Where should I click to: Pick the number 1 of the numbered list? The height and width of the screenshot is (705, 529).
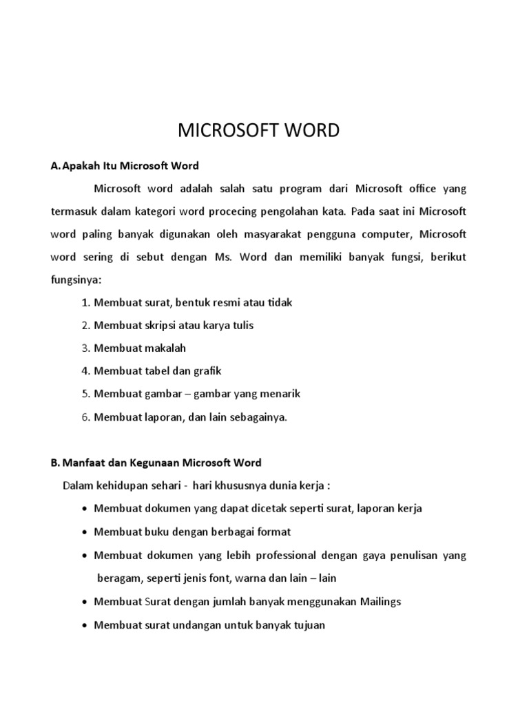click(x=85, y=303)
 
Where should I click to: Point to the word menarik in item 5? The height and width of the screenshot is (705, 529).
click(x=279, y=394)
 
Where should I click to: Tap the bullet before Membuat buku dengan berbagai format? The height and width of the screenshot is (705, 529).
click(x=84, y=532)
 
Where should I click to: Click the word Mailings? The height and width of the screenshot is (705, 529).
click(x=378, y=602)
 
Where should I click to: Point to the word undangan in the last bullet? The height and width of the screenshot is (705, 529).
click(x=189, y=625)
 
